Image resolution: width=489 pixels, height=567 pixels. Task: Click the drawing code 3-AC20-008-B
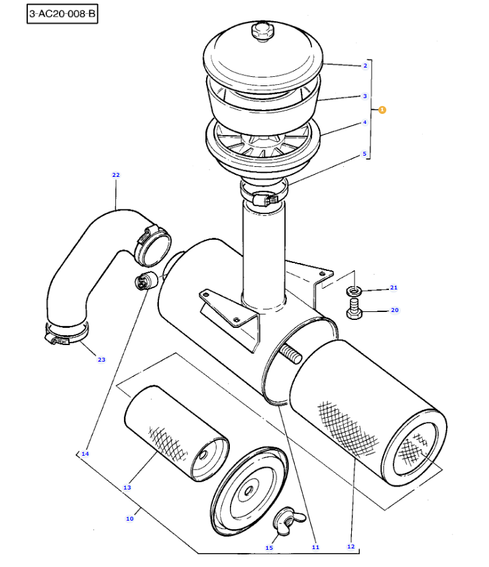point(62,14)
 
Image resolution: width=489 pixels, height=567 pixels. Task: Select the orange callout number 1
point(382,109)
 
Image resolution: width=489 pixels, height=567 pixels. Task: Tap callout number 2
point(365,66)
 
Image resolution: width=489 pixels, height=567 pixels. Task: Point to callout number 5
point(364,154)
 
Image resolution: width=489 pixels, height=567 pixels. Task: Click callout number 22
point(116,175)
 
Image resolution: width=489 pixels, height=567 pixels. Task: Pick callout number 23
point(101,360)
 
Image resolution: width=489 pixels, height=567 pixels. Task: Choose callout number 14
point(85,454)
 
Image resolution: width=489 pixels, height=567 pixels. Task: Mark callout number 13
point(127,488)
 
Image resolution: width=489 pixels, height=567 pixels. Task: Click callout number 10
point(129,519)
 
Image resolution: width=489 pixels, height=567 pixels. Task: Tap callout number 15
point(269,548)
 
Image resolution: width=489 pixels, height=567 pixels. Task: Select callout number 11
point(315,547)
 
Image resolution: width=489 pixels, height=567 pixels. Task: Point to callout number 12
point(351,546)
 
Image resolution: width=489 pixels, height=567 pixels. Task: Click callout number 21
point(394,287)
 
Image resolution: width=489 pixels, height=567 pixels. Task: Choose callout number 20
point(395,310)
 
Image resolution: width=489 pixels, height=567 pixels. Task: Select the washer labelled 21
point(354,290)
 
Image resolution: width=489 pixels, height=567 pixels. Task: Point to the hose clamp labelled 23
point(66,334)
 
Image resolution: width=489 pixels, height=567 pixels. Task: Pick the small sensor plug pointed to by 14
point(146,280)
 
